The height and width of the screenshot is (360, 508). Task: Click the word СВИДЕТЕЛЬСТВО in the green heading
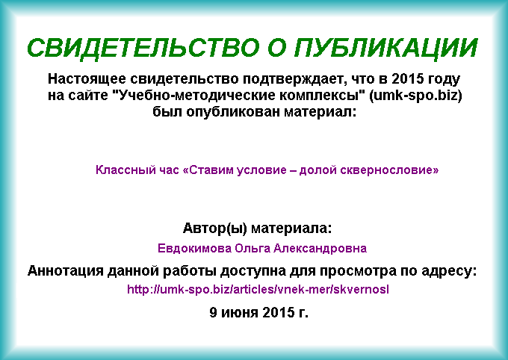pyautogui.click(x=143, y=48)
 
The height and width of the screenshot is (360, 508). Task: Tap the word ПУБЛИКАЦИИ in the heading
pyautogui.click(x=385, y=48)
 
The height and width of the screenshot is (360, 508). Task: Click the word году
pyautogui.click(x=444, y=79)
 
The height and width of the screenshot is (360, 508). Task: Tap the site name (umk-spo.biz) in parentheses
pyautogui.click(x=415, y=96)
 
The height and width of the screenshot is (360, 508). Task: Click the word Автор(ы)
pyautogui.click(x=215, y=229)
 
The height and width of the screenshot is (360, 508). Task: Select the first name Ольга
pyautogui.click(x=253, y=249)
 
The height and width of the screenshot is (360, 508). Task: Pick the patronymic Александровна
pyautogui.click(x=320, y=249)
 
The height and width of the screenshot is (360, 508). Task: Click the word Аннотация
pyautogui.click(x=66, y=271)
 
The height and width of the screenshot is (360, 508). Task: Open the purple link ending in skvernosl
pyautogui.click(x=258, y=289)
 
